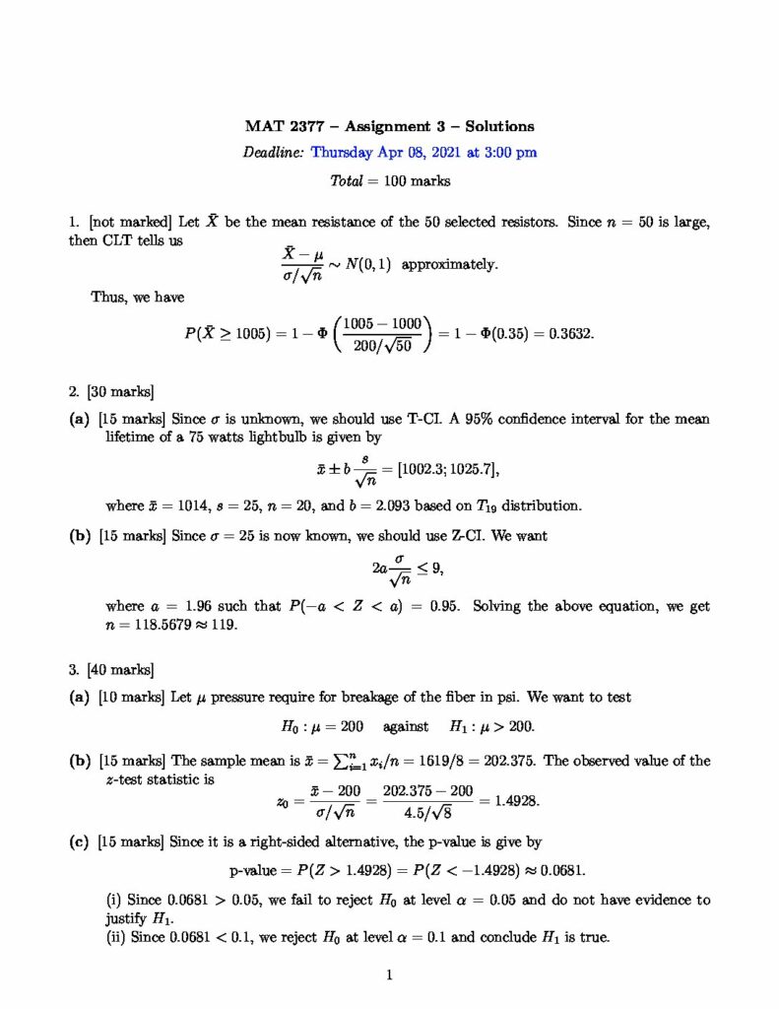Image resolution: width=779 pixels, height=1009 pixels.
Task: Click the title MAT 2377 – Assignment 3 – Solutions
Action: (390, 126)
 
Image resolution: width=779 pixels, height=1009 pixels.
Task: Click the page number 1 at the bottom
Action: (390, 976)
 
